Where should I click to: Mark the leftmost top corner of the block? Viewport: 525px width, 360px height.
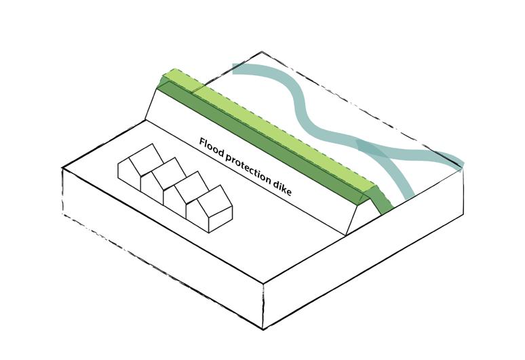coord(63,168)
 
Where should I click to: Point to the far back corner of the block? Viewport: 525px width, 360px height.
coord(262,52)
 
